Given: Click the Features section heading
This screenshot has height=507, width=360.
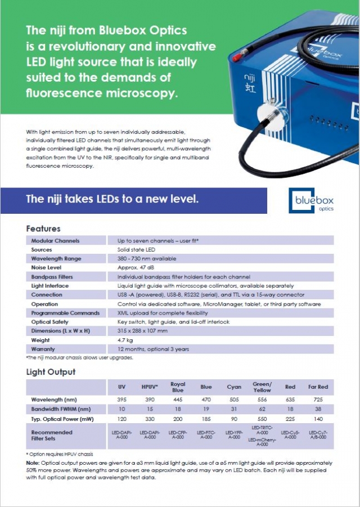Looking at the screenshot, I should point(43,229).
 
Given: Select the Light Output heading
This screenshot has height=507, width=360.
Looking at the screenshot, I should point(51,372).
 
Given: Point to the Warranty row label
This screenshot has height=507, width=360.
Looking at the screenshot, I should point(43,349).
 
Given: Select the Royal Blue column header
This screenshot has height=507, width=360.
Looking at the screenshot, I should point(178,387).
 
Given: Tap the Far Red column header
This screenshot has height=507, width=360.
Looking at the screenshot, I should point(318,387).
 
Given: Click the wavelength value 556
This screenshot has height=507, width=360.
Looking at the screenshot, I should point(262,400).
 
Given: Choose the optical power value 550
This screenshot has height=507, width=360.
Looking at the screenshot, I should point(262,420).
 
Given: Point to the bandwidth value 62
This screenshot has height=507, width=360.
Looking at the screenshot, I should point(262,410).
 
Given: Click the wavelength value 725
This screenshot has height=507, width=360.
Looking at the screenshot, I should point(318,400).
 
